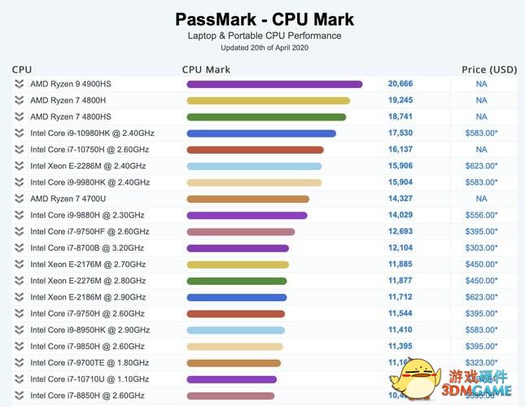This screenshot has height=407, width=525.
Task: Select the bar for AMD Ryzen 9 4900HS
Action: point(274,84)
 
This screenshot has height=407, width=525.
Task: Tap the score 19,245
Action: point(400,100)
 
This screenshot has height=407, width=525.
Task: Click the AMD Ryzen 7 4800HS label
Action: point(70,116)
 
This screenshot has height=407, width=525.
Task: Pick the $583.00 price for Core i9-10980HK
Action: point(481,133)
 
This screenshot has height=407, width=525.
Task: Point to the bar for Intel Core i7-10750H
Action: point(255,150)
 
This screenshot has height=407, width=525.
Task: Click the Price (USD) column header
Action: point(489,70)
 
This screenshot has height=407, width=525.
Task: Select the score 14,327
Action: point(400,199)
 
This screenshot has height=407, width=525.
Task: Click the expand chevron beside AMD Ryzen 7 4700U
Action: point(19,199)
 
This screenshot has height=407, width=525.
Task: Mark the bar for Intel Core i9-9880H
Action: point(247,216)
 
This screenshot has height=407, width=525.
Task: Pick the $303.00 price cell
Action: point(481,248)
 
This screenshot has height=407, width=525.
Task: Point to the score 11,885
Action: point(400,265)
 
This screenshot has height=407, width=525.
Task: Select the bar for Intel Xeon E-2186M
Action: point(236,297)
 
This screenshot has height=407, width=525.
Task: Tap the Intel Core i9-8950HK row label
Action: point(90,330)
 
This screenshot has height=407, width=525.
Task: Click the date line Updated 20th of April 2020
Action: point(264,48)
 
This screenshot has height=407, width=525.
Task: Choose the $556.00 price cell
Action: point(481,215)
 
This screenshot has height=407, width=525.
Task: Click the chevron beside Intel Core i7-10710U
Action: point(19,379)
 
